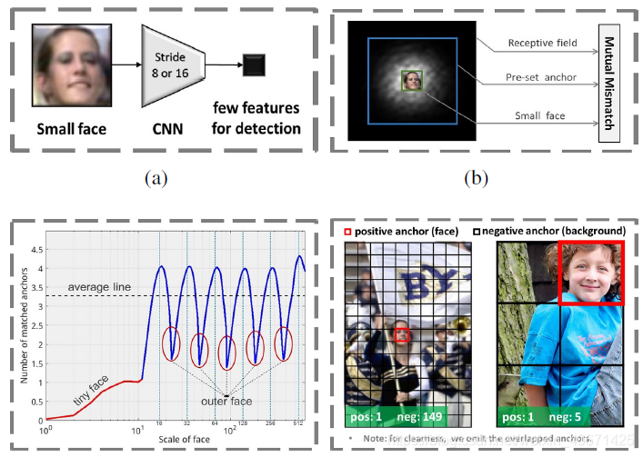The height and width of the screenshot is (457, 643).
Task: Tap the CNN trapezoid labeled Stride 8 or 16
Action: [x=172, y=65]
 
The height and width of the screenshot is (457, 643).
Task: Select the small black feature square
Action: [x=254, y=65]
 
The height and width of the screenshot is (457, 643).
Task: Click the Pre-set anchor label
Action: [x=542, y=77]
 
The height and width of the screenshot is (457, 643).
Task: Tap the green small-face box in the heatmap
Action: [x=413, y=81]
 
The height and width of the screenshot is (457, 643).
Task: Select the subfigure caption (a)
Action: [x=156, y=178]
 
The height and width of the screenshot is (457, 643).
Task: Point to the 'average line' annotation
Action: [x=99, y=287]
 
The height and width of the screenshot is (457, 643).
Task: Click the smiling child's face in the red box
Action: [x=590, y=271]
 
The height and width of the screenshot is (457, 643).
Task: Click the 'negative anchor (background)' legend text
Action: [x=554, y=231]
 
